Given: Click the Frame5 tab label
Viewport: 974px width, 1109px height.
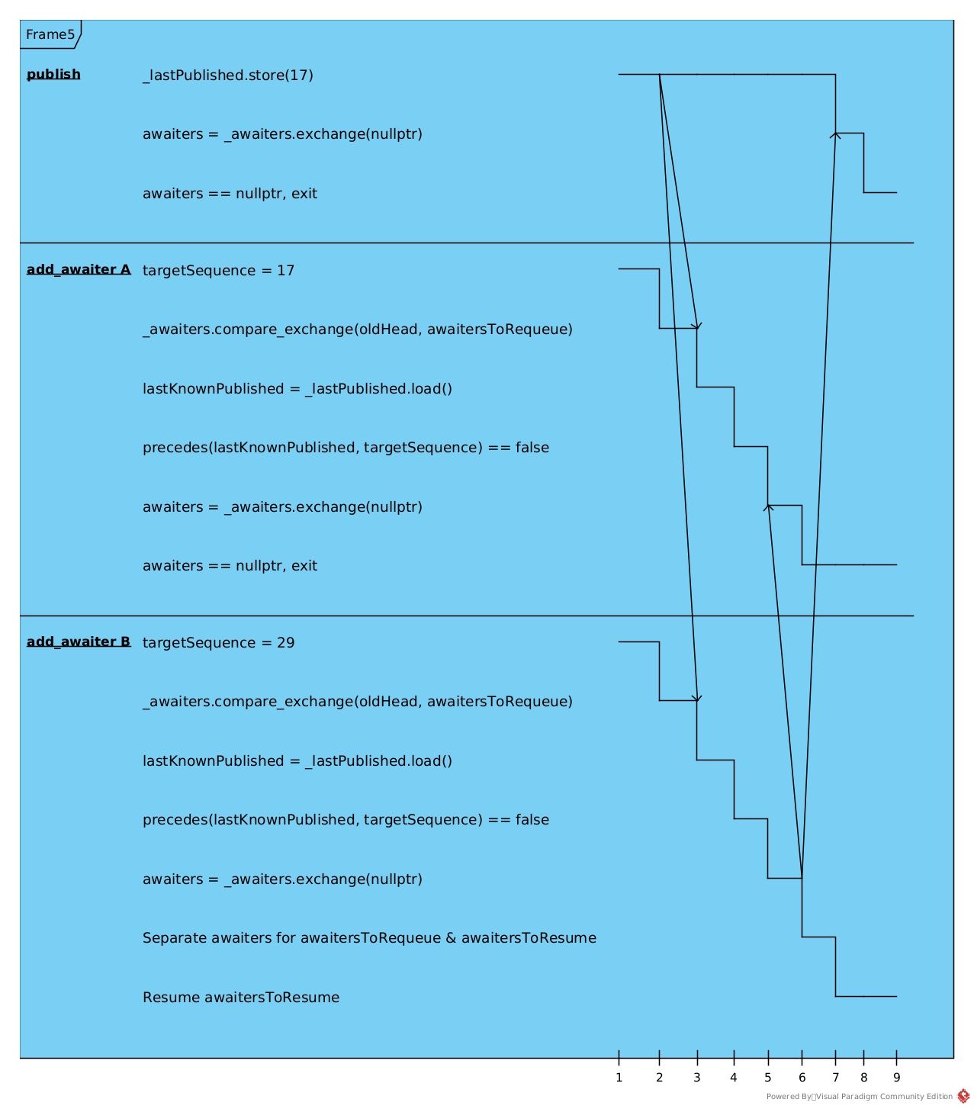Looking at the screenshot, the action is point(50,34).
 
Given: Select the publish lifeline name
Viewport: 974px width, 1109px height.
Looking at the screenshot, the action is point(53,74).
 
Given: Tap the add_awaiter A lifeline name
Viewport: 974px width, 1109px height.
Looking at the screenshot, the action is point(79,268).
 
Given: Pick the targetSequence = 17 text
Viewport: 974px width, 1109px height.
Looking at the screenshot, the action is point(217,269).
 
